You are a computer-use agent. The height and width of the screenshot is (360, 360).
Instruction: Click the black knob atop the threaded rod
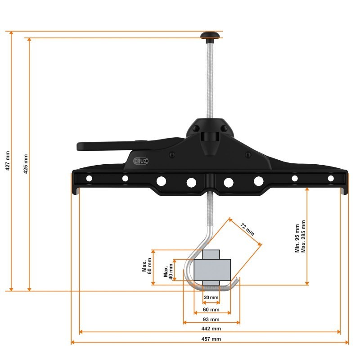coord(209,35)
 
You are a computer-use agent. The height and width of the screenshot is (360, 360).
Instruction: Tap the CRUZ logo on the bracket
coord(141,160)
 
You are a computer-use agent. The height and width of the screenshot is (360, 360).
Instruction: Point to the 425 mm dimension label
coord(25,164)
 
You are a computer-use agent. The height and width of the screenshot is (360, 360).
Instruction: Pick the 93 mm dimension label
coord(211,319)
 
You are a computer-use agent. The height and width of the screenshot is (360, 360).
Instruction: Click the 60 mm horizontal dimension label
coord(211,310)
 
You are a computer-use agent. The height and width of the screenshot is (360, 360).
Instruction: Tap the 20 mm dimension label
coord(211,298)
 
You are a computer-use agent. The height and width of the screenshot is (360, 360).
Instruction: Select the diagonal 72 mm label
coord(247,229)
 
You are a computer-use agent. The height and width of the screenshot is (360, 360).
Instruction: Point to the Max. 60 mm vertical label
coord(147,267)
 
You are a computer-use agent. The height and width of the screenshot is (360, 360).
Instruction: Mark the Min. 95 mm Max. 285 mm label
coord(300,236)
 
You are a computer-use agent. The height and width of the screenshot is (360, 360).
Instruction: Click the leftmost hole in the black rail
coord(89,179)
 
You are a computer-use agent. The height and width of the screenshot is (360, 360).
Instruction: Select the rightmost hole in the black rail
coord(331,179)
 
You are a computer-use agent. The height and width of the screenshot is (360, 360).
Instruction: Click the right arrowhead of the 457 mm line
coord(347,343)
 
